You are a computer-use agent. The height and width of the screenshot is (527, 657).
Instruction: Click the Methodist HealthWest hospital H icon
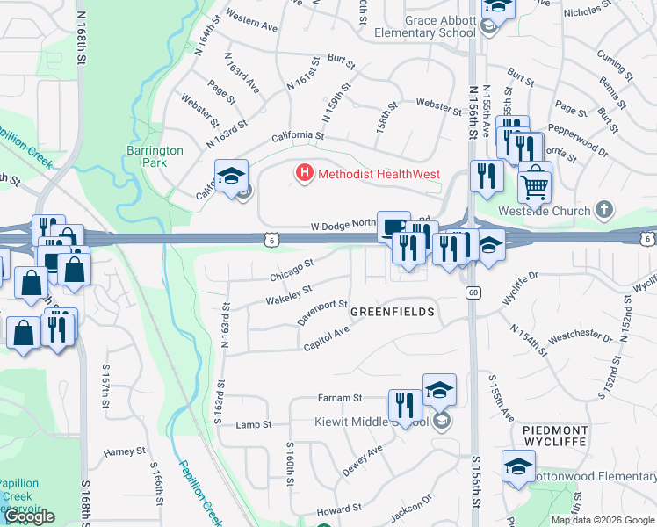305,174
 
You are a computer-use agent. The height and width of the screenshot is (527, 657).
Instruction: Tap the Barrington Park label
155,156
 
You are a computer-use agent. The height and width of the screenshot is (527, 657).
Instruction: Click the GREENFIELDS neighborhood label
393,312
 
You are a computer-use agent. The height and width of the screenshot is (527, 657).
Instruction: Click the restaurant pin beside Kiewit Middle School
405,406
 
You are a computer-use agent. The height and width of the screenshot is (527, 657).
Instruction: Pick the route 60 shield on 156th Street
473,292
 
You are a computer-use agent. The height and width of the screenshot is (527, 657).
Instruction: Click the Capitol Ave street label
327,337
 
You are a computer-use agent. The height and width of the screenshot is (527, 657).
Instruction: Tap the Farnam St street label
340,398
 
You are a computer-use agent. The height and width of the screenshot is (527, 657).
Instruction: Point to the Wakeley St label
289,295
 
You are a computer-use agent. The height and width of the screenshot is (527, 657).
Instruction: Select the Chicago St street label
292,271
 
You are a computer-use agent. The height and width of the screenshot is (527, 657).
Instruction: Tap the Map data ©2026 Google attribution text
603,520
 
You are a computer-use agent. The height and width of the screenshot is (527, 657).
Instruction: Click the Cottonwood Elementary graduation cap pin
518,466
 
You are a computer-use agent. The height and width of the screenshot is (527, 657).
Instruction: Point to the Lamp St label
255,425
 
